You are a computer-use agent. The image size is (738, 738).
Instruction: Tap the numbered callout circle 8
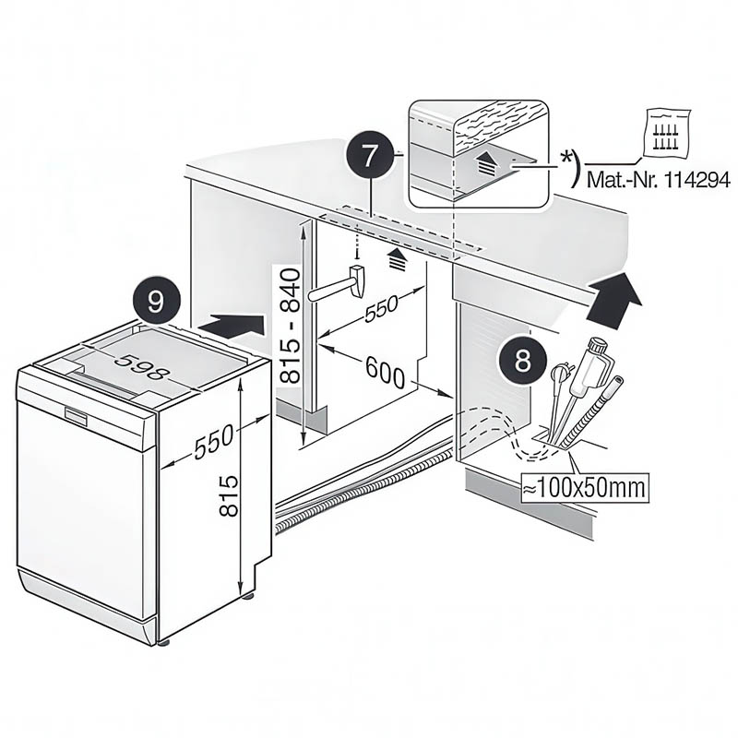(x=523, y=361)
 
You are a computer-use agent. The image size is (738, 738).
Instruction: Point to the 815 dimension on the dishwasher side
(x=230, y=494)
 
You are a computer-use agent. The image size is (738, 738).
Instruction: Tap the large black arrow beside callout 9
(x=231, y=325)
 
